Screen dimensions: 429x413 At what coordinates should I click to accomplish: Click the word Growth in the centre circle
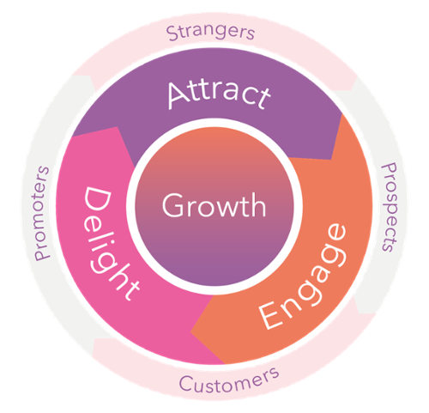point(214,205)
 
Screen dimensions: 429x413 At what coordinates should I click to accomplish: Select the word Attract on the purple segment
point(219,94)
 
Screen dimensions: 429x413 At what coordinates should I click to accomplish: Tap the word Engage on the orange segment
point(303,276)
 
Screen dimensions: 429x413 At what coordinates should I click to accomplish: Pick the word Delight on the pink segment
point(110,243)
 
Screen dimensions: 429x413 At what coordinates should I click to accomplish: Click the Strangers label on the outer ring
point(210,33)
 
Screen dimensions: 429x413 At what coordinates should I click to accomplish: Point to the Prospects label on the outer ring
point(390,207)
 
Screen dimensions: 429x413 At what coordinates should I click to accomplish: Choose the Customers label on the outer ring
point(229,380)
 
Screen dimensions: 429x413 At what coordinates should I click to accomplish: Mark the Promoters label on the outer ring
point(42,213)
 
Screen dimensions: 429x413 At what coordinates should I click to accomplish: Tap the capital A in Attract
point(178,95)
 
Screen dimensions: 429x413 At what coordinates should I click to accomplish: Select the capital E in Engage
point(269,315)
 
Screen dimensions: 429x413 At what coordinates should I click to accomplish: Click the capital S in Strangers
point(172,33)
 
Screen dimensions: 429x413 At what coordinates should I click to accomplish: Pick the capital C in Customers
point(186,384)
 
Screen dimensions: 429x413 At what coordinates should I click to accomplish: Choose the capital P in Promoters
point(42,255)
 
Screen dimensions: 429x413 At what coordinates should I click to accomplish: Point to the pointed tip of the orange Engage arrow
point(190,332)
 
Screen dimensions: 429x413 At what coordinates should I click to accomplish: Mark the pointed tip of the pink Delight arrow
point(72,137)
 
